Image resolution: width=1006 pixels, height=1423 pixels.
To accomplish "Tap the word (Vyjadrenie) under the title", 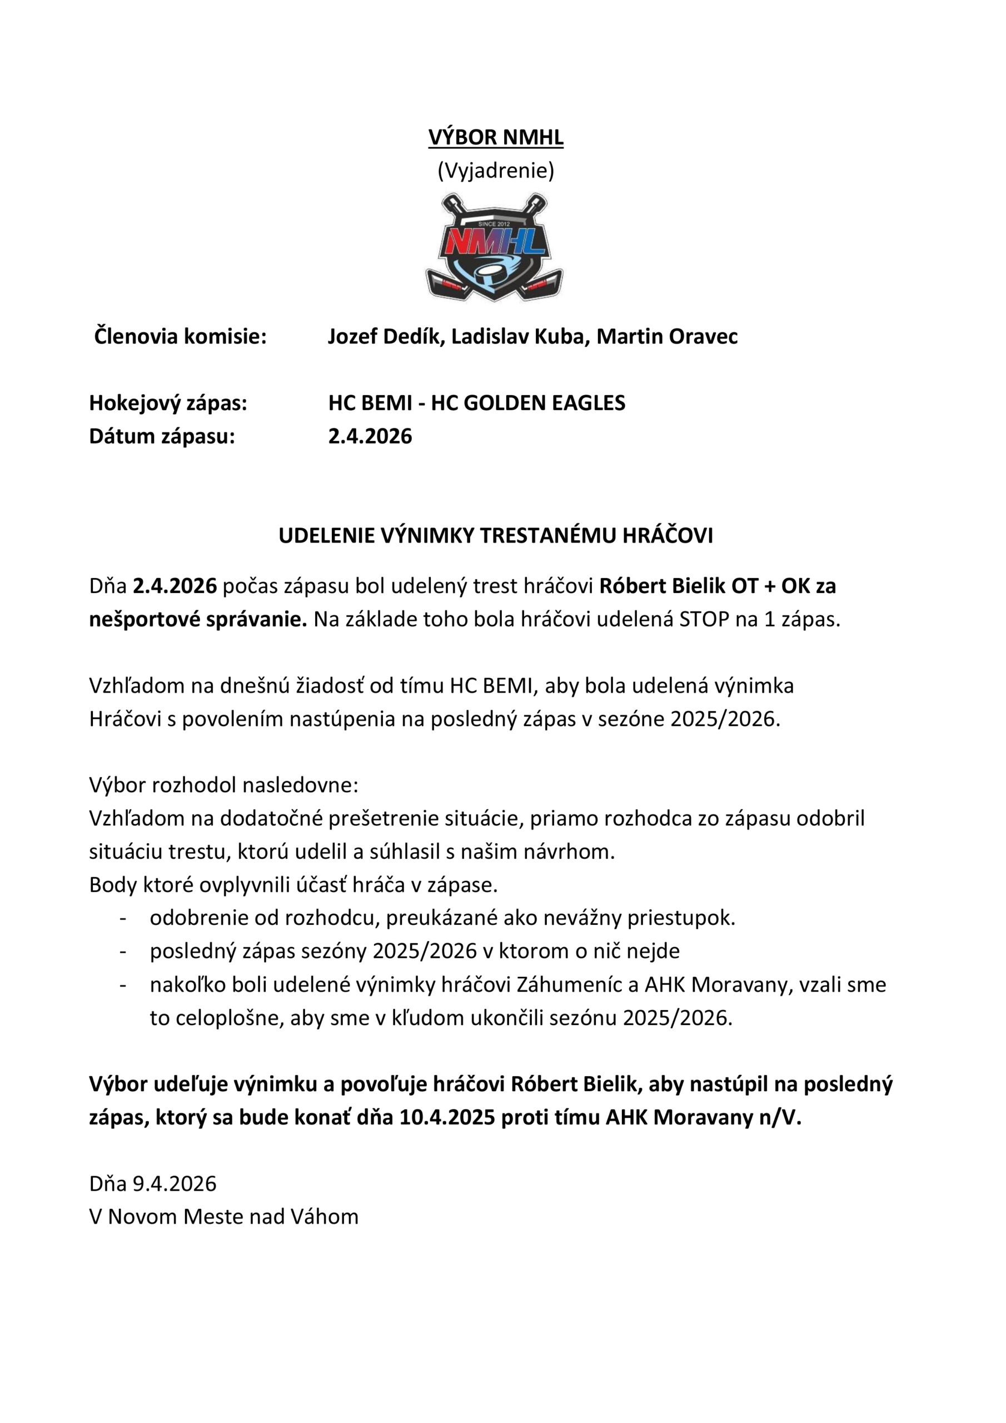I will pos(495,171).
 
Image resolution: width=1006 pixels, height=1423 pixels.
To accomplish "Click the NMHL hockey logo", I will pos(494,248).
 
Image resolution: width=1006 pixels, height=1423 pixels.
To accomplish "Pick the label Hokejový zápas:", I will pos(168,403).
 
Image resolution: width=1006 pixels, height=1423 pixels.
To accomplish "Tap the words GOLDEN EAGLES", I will pos(544,403).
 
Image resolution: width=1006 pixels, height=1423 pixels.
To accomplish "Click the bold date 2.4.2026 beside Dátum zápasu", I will pos(370,436).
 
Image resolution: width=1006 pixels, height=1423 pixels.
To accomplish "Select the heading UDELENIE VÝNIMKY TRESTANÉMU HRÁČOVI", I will pos(495,536).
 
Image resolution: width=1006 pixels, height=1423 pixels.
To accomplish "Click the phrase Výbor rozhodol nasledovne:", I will pos(224,785).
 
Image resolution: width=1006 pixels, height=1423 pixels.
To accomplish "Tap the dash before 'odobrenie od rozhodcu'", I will pos(123,918).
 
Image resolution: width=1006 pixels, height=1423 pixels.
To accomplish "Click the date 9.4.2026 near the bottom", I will pos(174,1184).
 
